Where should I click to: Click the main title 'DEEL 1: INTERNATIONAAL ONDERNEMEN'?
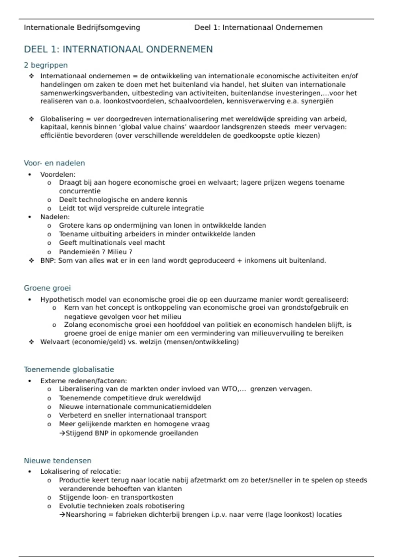click(118, 49)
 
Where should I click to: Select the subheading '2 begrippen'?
click(46, 65)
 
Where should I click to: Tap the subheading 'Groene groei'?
click(47, 288)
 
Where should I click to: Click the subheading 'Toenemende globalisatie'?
click(69, 369)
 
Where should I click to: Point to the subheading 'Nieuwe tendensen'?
click(58, 461)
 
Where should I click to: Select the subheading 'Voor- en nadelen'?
click(54, 163)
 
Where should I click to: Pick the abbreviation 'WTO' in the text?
click(229, 389)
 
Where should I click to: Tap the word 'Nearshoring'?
click(86, 514)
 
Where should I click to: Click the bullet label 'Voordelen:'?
click(58, 174)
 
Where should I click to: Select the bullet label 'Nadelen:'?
click(55, 217)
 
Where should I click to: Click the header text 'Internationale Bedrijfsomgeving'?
click(82, 28)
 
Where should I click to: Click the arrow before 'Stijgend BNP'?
click(62, 433)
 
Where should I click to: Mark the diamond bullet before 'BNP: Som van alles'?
click(31, 260)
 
